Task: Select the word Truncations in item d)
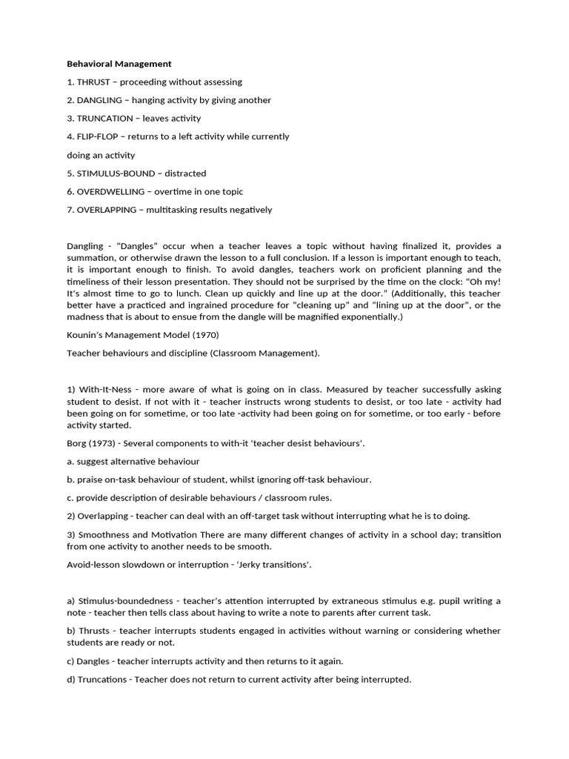tap(102, 679)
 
